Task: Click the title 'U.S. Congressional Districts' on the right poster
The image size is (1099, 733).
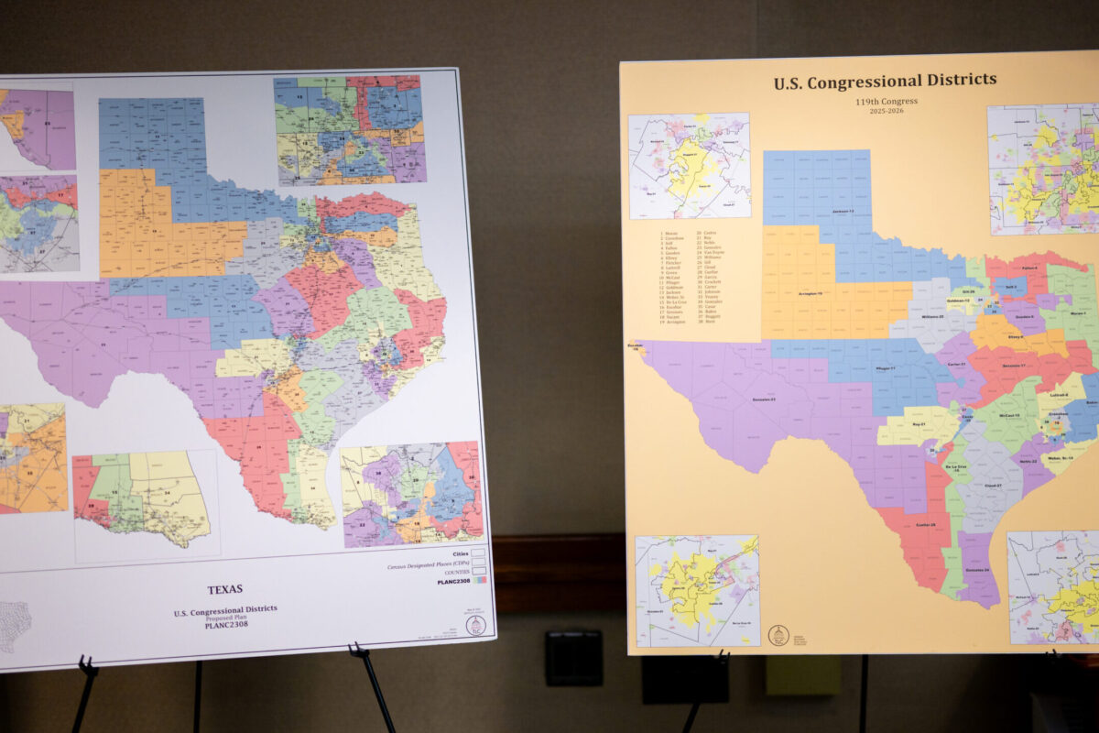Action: point(884,82)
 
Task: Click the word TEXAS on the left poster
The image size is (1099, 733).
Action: point(224,589)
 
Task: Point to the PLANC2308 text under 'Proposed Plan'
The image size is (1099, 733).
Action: point(224,625)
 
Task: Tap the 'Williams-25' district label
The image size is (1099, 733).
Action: point(932,316)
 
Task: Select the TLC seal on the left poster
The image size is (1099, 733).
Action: point(475,625)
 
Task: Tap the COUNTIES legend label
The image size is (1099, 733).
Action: point(457,571)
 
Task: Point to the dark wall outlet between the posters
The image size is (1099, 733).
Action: point(573,658)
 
